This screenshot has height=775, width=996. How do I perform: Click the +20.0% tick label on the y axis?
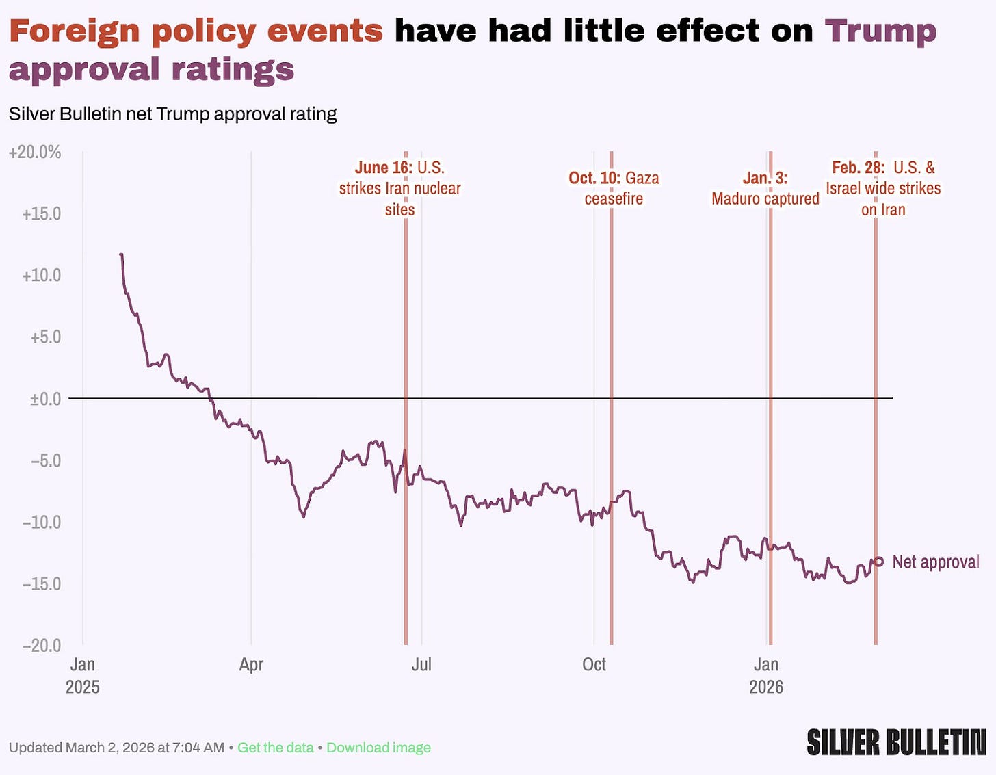(35, 152)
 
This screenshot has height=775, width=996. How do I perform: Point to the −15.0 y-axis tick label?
(42, 583)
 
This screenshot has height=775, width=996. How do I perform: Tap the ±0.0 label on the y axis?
(45, 398)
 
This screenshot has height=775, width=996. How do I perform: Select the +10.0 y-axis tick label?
(42, 275)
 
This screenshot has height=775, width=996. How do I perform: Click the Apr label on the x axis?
(251, 664)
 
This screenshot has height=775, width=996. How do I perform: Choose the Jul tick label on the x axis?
(421, 664)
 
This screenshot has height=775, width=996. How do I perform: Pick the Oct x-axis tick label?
(594, 664)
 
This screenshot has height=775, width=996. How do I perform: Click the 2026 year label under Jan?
(766, 687)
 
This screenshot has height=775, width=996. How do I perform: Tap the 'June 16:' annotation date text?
(383, 168)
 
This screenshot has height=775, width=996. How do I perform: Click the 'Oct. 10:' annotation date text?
(594, 178)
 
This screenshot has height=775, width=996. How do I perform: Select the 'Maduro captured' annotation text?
(765, 198)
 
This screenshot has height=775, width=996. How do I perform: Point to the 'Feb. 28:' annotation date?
(858, 168)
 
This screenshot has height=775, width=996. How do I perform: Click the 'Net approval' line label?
(936, 562)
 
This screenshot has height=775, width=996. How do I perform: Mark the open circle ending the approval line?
(879, 562)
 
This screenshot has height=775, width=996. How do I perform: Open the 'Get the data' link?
(275, 748)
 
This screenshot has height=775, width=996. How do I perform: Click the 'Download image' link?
(378, 748)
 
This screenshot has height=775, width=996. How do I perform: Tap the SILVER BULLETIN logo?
(896, 743)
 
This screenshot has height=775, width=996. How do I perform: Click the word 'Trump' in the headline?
(880, 31)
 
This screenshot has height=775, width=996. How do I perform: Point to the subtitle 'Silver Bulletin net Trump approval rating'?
(172, 114)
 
